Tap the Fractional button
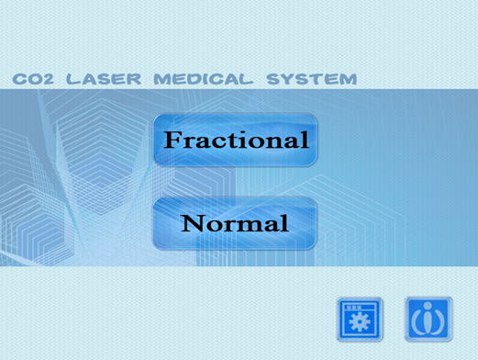(x=236, y=141)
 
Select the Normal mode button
(x=236, y=222)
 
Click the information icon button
(x=428, y=319)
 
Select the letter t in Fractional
(x=239, y=141)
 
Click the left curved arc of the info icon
(x=417, y=320)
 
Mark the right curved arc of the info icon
(x=439, y=320)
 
